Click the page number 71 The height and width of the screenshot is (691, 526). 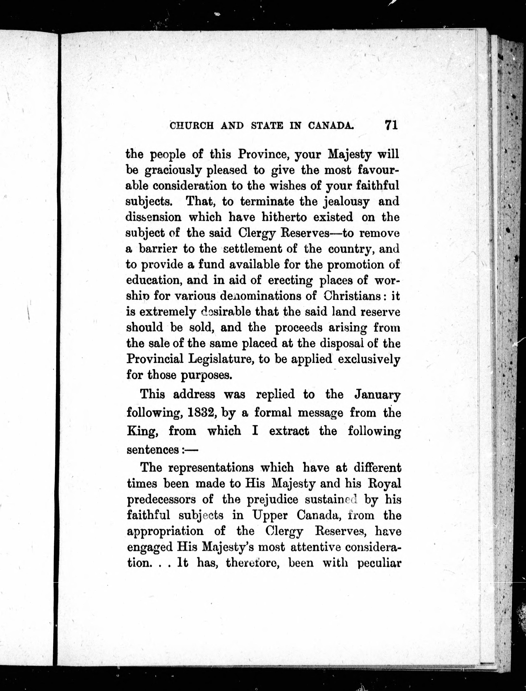(x=391, y=125)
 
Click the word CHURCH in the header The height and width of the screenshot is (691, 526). (x=192, y=126)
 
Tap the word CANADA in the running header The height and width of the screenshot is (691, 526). (x=331, y=126)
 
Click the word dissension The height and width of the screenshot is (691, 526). (x=153, y=217)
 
